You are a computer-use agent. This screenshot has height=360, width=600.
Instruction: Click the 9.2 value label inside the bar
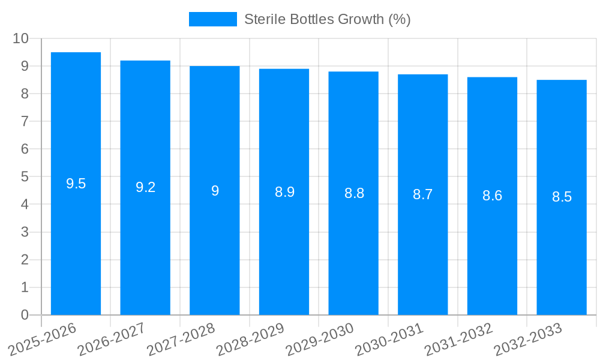click(x=145, y=187)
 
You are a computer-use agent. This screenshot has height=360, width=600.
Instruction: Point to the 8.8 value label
click(x=354, y=193)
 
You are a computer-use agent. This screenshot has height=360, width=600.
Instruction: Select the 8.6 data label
click(x=492, y=196)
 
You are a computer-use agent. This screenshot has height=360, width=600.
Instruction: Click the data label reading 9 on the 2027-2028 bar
click(x=215, y=191)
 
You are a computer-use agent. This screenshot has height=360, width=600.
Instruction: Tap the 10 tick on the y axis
click(x=20, y=38)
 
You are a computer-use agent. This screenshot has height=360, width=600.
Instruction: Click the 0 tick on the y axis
click(x=25, y=315)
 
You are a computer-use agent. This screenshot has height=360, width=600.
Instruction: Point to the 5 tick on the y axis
click(x=25, y=177)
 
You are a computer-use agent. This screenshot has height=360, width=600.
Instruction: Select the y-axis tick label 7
click(x=25, y=121)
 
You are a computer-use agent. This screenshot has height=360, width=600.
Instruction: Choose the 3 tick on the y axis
click(x=25, y=232)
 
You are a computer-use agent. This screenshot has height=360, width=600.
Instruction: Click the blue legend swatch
click(x=212, y=19)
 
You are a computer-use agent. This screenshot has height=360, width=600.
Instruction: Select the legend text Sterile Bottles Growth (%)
click(x=327, y=19)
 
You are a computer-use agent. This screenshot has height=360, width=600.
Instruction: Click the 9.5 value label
click(x=76, y=184)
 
